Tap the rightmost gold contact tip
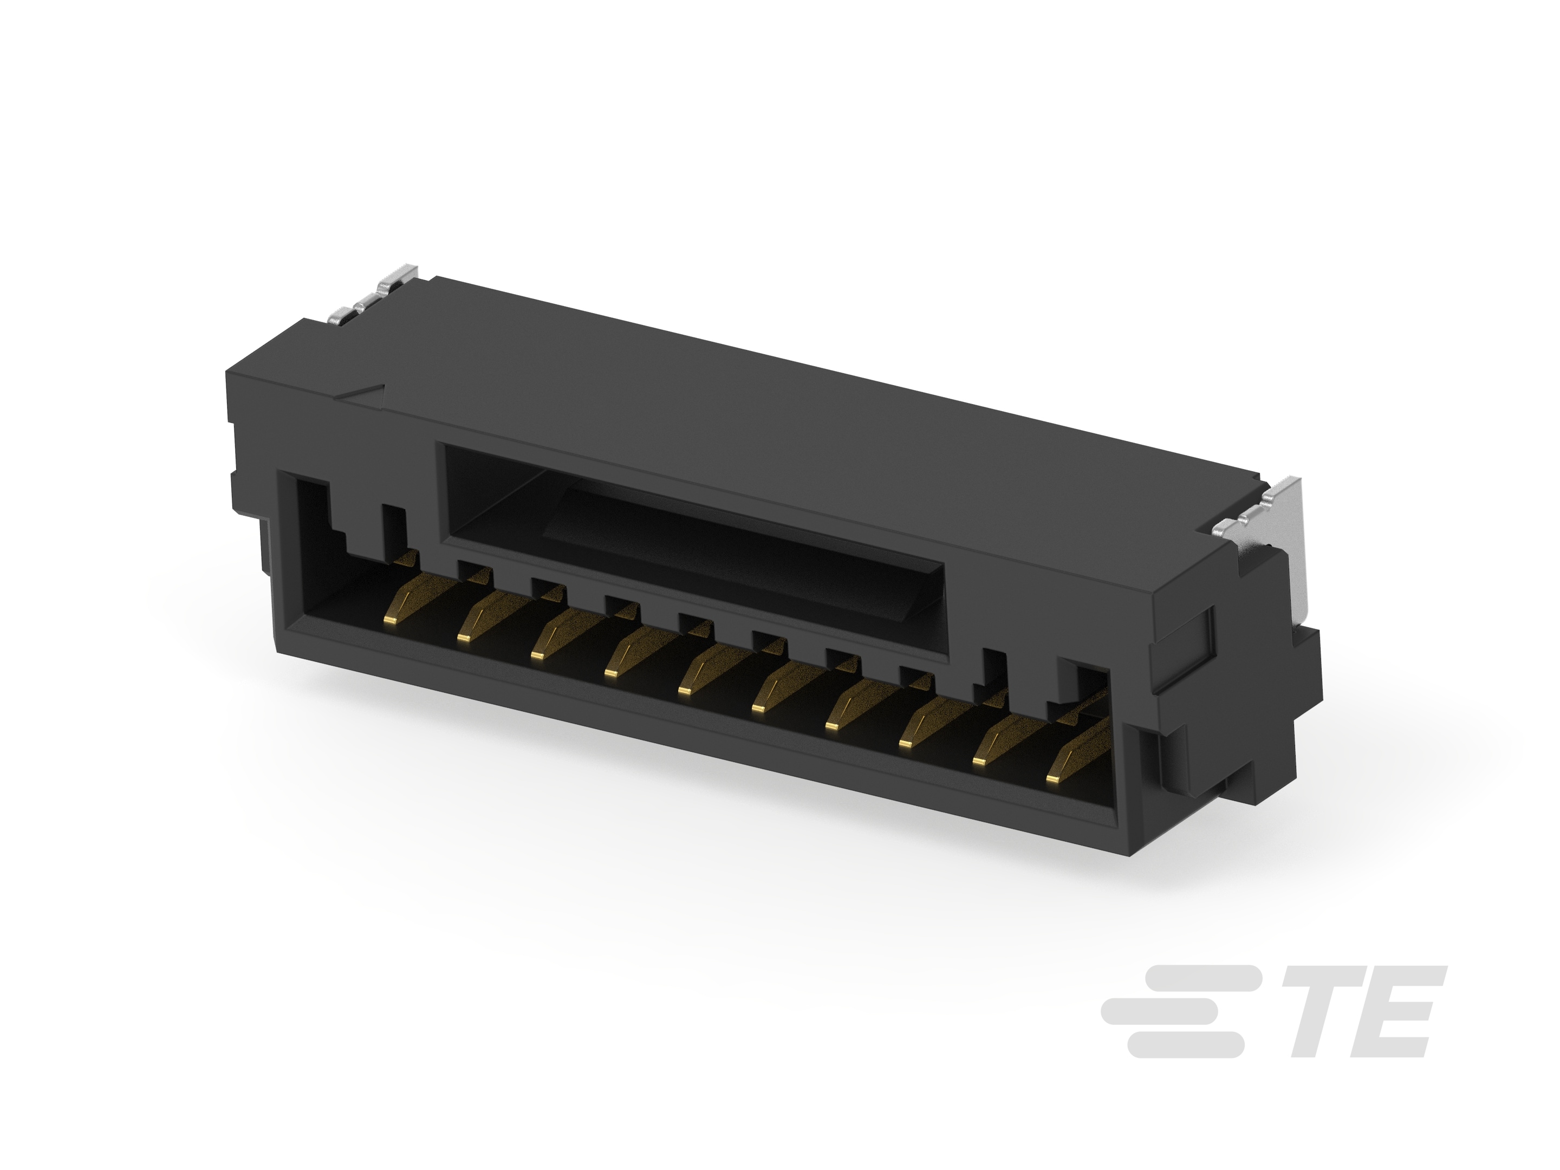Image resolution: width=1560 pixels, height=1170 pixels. pos(1054,778)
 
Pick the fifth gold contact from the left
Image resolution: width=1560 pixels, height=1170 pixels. pos(684,690)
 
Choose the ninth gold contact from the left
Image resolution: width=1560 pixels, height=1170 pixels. pos(981,761)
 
